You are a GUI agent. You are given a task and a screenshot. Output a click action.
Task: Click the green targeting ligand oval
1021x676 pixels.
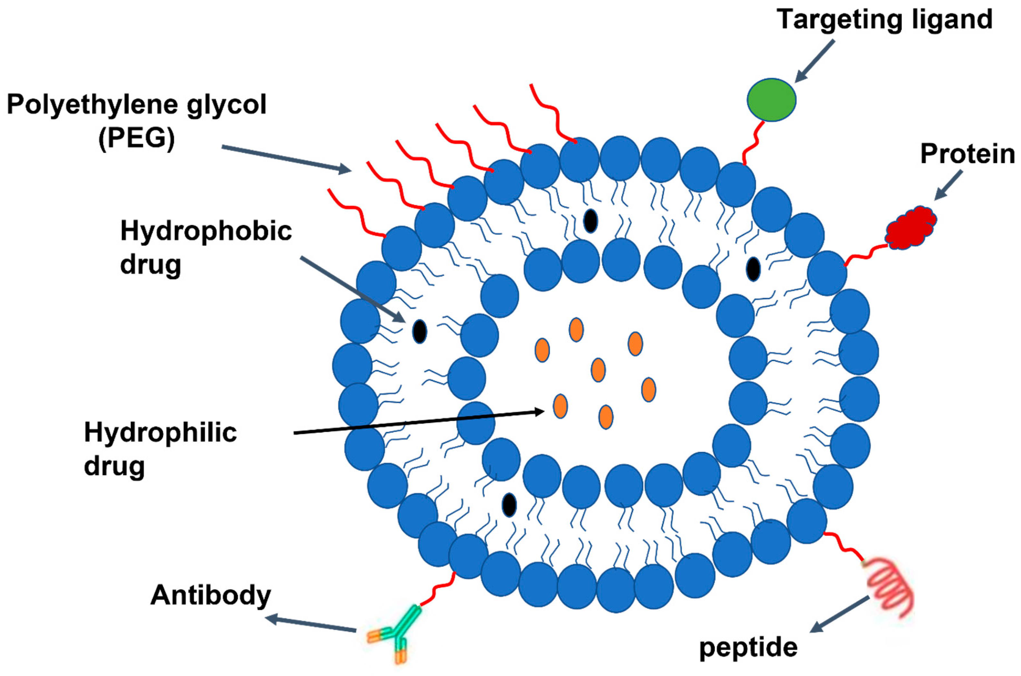(771, 100)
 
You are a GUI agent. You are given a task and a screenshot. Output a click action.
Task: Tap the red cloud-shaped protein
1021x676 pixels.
(910, 228)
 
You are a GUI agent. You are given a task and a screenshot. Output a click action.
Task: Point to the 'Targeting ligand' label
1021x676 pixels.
(884, 19)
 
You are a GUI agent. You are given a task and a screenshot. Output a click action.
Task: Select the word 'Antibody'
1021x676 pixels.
(210, 595)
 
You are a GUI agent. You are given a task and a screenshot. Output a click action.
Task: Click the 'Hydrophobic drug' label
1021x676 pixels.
(206, 247)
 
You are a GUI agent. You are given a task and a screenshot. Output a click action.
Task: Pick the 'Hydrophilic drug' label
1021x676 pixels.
(160, 448)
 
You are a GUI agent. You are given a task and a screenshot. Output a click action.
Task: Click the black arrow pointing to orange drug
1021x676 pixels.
(418, 422)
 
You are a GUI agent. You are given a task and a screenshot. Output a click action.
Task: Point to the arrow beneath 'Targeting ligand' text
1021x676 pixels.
(814, 60)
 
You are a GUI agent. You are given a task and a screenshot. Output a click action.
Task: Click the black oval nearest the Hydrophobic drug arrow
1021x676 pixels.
(419, 331)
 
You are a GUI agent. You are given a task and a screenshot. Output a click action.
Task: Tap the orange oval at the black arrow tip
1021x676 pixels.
(560, 406)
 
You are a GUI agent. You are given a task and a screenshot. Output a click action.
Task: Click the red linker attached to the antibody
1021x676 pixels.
(437, 590)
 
